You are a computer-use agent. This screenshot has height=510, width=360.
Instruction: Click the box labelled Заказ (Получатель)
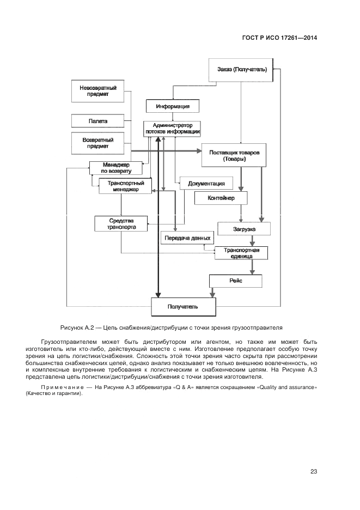[x=241, y=70]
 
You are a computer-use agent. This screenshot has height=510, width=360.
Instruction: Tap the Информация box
[x=172, y=106]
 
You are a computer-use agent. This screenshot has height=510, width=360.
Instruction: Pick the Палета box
[x=98, y=120]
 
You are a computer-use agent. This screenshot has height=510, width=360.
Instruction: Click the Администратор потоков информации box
[x=172, y=129]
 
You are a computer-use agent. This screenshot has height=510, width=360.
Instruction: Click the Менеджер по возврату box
[x=115, y=168]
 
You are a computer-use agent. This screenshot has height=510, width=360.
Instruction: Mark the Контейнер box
[x=221, y=198]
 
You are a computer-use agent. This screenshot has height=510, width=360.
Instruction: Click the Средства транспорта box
[x=121, y=223]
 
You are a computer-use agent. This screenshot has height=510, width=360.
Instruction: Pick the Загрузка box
[x=243, y=229]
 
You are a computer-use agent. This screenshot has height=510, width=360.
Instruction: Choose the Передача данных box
[x=187, y=238]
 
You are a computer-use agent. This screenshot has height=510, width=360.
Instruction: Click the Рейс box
[x=235, y=281]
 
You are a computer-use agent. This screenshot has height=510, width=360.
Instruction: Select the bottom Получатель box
[x=182, y=307]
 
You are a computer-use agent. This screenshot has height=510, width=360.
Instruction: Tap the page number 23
[x=313, y=471]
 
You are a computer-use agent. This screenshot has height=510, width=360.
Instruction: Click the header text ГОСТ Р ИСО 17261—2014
[x=279, y=38]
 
